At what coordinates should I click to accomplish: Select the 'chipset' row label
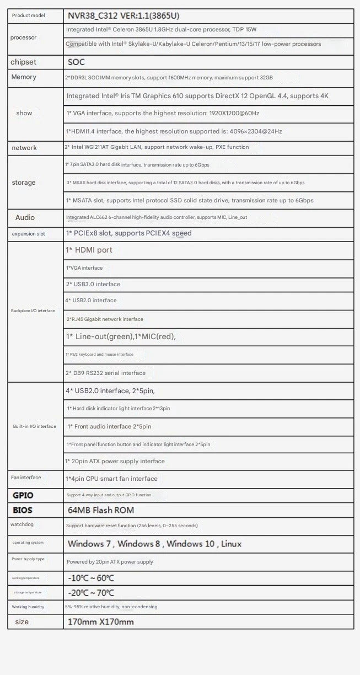(24, 62)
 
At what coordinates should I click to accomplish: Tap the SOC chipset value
(77, 63)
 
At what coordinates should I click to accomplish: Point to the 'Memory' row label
(24, 77)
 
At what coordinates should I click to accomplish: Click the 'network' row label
(24, 148)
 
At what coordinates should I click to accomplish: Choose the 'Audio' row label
(25, 218)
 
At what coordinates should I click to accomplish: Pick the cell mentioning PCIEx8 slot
(128, 233)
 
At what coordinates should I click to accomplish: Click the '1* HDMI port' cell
(89, 250)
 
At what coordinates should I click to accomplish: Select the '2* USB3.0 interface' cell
(93, 284)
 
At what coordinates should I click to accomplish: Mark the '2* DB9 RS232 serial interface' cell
(106, 373)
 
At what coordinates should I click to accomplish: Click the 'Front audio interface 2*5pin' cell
(109, 426)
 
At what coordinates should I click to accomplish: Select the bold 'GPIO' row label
(23, 495)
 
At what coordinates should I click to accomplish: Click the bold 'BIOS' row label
(23, 510)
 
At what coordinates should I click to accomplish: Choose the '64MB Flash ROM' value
(100, 510)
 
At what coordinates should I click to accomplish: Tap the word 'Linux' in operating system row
(231, 544)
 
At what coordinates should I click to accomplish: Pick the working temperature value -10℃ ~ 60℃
(90, 578)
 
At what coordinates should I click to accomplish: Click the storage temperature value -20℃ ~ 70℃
(90, 593)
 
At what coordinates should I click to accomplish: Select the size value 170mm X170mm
(100, 622)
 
